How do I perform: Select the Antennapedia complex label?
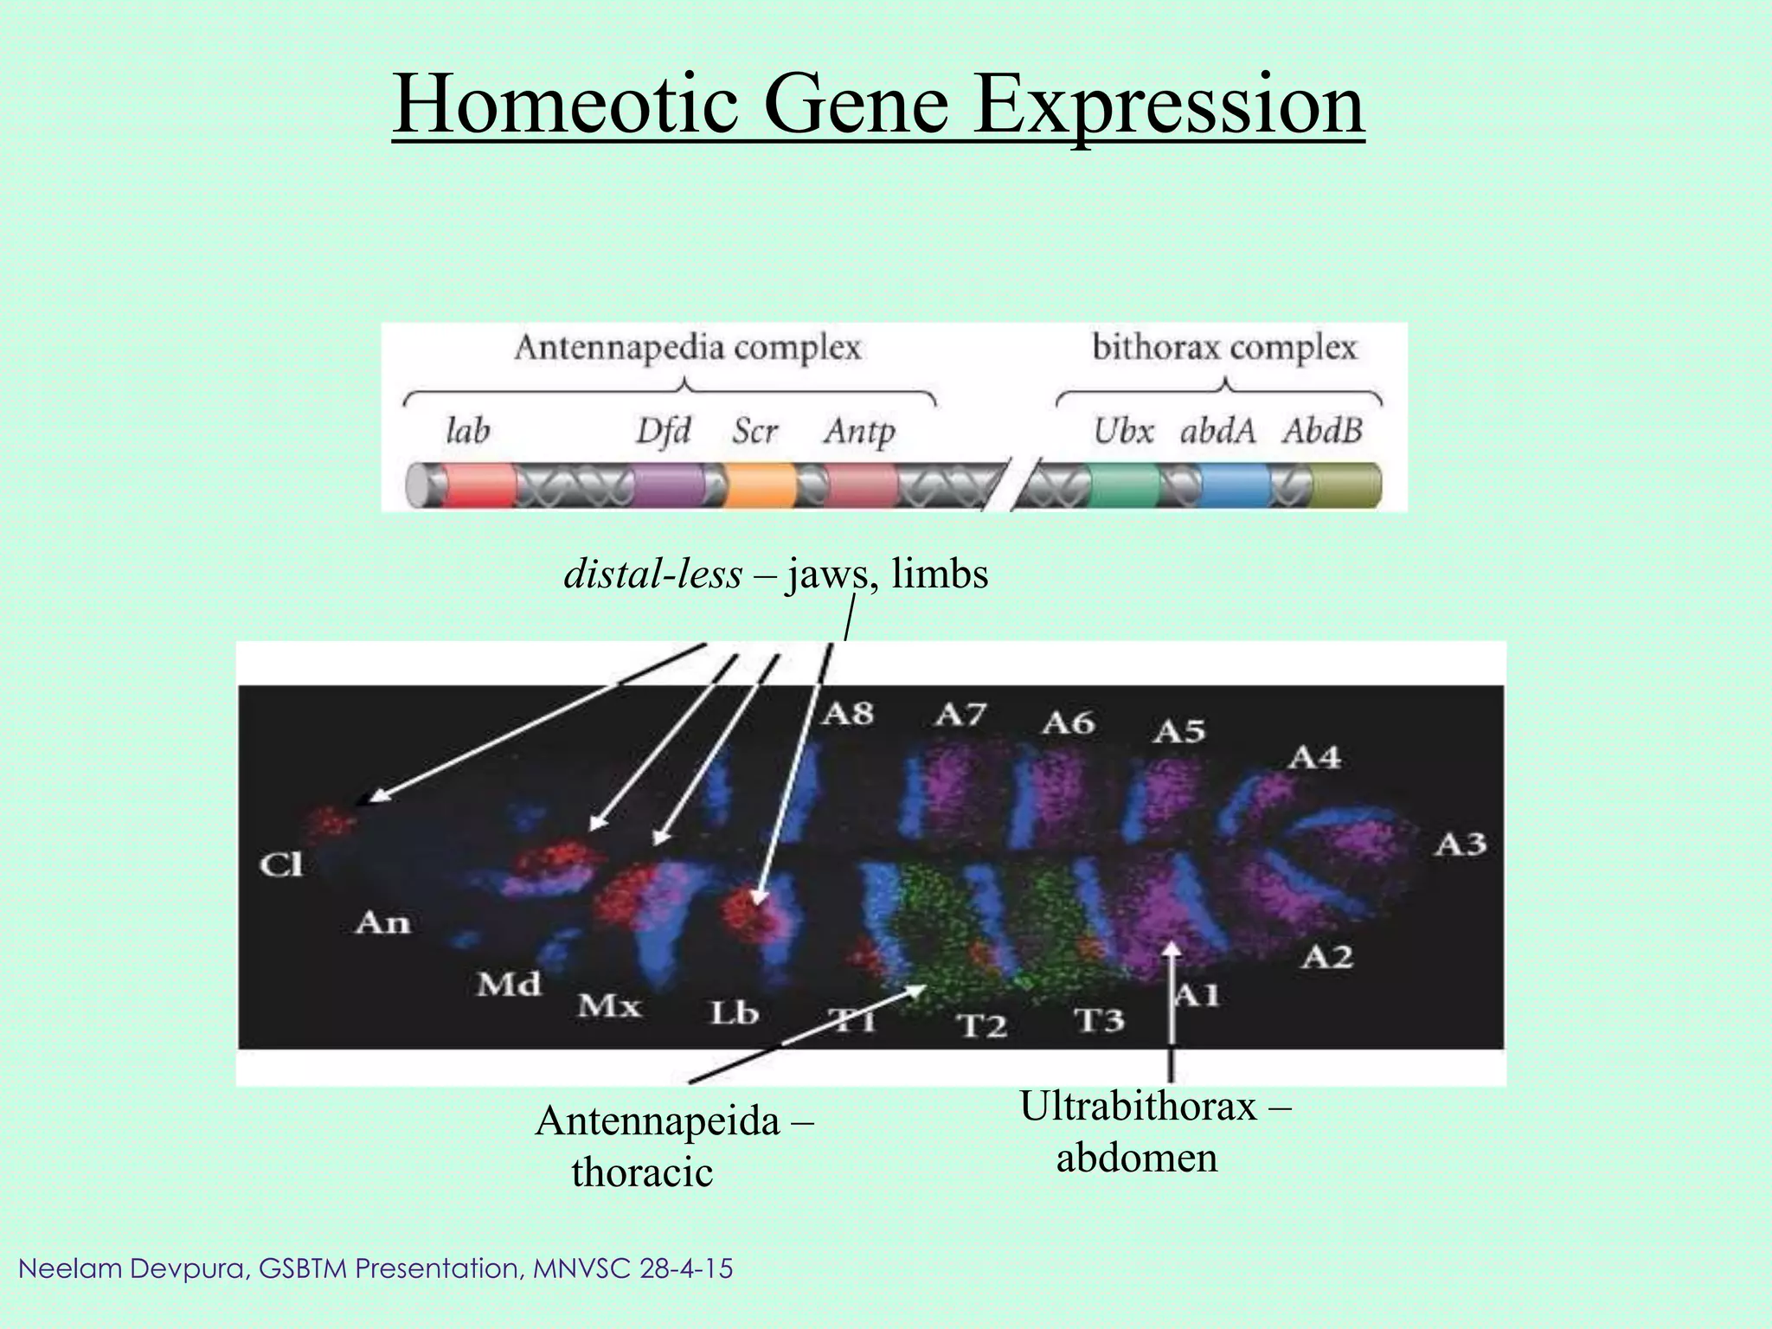(687, 348)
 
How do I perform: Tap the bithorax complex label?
(1223, 348)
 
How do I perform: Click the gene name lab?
(467, 430)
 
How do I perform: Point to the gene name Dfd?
(663, 430)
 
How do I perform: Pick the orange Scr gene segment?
(760, 485)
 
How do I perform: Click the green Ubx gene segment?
(1123, 485)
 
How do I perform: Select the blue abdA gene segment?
(1235, 485)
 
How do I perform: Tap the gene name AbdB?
(1322, 430)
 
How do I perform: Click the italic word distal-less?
(652, 575)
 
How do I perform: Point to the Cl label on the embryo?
(281, 864)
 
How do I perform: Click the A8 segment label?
(847, 714)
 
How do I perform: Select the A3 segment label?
(1461, 844)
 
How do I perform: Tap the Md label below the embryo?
(509, 984)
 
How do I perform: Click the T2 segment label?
(982, 1026)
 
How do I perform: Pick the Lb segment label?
(734, 1012)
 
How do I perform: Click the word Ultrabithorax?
(1138, 1107)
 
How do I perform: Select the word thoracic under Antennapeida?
(642, 1173)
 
